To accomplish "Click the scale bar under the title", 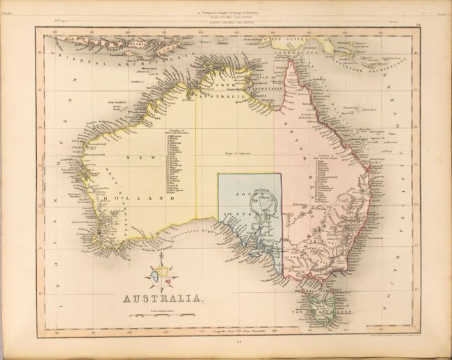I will pyautogui.click(x=163, y=316).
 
